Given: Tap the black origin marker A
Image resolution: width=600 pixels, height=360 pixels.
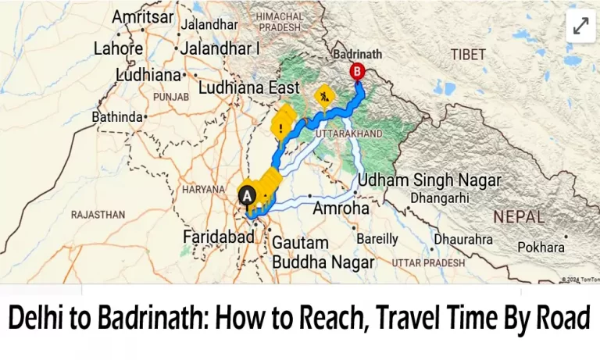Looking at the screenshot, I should pos(247,195).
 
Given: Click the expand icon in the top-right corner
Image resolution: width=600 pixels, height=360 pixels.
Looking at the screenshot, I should pos(580,26).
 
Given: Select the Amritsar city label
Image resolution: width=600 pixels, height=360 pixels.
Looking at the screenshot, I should pos(143,16).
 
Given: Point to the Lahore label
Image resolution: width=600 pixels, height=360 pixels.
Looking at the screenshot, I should pos(118,48).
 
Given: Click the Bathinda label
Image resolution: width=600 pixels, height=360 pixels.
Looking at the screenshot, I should pos(118,117).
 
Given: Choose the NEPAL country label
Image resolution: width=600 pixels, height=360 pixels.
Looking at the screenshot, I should pos(518,216).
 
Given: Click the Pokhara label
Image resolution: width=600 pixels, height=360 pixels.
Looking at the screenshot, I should pos(541,247).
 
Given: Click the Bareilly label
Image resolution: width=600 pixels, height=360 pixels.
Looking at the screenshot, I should pos(377,238).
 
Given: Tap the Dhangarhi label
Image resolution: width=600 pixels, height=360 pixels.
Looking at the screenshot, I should pos(442,198).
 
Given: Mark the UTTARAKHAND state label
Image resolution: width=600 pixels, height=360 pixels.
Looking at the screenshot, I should pos(348,134).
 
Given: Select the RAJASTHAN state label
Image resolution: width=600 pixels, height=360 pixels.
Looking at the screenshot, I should pos(98,214).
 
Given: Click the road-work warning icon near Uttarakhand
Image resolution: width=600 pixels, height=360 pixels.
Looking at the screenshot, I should pos(323,96).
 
